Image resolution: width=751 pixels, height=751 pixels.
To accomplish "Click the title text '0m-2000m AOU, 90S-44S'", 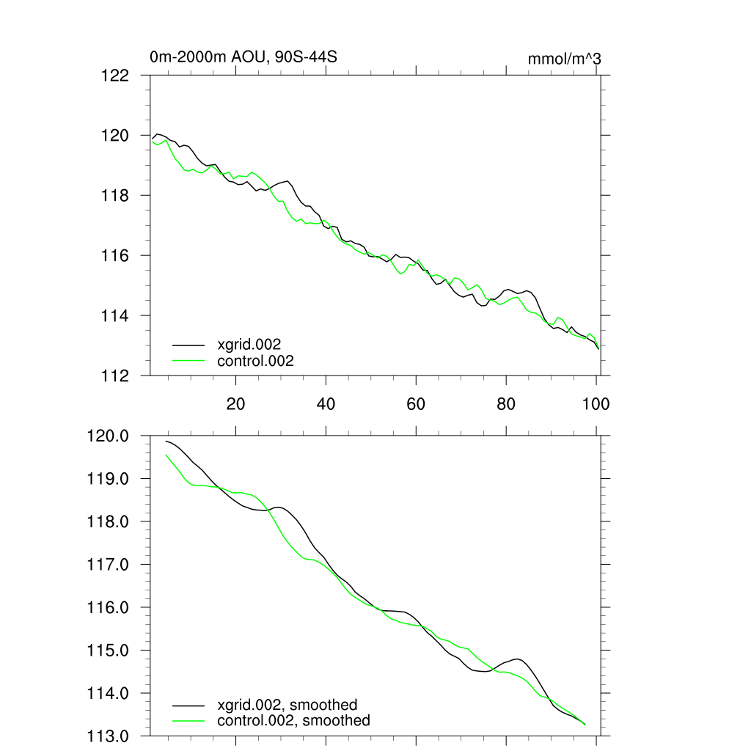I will point(243,57).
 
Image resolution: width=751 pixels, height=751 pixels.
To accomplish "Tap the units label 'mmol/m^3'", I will point(564,59).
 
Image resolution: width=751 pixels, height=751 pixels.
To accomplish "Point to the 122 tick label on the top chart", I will point(115,75).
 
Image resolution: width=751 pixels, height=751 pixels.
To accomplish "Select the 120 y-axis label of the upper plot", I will point(115,135).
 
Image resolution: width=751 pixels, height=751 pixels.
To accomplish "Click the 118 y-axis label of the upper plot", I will point(115,195).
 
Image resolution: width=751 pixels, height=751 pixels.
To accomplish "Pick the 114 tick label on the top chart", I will point(115,315).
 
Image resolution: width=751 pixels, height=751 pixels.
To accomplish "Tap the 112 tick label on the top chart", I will point(115,375).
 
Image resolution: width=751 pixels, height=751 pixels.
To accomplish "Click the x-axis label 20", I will point(235,403).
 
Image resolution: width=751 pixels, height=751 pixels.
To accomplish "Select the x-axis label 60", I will point(416,403).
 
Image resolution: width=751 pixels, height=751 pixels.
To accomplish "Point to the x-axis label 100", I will point(596,403).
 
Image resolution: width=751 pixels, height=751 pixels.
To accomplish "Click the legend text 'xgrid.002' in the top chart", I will point(249,344).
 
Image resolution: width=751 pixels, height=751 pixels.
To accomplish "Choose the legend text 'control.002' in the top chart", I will point(255,361).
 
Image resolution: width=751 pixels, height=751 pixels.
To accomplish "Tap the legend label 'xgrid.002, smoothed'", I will point(287,705).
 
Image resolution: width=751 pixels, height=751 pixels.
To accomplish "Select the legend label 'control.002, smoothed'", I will point(293,721).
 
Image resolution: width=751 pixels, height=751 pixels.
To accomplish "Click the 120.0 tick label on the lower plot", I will point(109,436).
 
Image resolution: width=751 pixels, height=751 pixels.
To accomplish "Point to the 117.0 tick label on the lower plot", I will point(109,565).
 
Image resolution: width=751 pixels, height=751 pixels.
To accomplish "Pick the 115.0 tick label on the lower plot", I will point(109,651).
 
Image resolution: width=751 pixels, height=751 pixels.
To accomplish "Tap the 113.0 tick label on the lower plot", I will point(109,736).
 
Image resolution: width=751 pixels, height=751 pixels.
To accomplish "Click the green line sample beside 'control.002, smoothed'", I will point(188,721).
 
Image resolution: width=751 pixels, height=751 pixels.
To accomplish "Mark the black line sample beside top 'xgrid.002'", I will point(188,344).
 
